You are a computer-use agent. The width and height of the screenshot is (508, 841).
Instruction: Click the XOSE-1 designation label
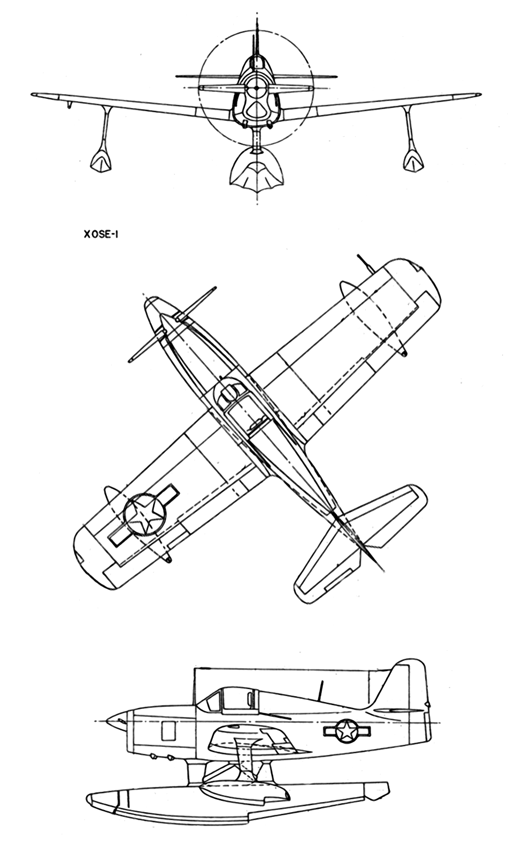98,235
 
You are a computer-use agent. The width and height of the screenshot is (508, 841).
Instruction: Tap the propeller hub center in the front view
256,88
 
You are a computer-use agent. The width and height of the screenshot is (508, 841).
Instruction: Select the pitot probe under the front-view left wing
69,105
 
